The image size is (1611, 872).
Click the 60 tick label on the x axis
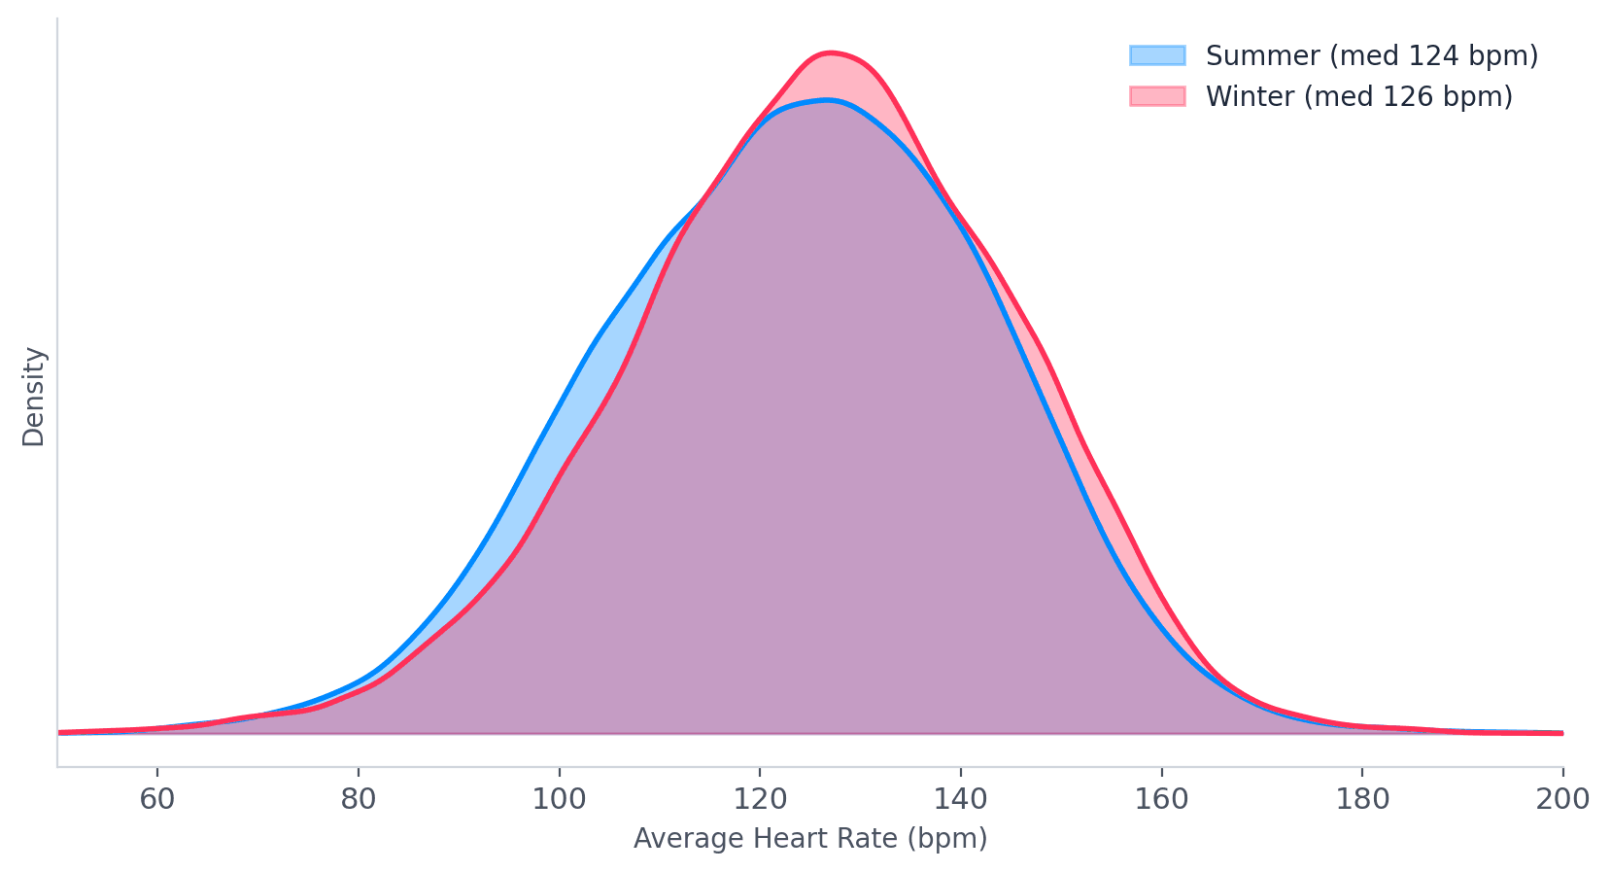(156, 800)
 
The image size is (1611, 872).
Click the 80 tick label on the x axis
(358, 800)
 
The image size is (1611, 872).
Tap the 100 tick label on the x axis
(559, 800)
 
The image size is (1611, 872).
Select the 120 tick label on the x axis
(760, 800)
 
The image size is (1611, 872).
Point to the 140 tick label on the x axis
(960, 800)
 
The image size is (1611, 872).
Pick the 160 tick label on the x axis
(1161, 800)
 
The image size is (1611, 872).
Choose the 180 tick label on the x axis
(1362, 800)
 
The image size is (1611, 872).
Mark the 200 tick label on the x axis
(1562, 800)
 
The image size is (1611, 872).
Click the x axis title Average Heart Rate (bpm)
(810, 839)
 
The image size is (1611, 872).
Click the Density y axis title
(34, 397)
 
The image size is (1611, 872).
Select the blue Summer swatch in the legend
(1156, 55)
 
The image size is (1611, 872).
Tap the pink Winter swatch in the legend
(1156, 96)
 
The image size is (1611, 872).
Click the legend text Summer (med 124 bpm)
(1371, 55)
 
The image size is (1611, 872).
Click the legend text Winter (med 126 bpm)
(1358, 96)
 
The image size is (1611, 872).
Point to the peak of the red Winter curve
(829, 52)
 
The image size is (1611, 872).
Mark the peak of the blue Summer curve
(826, 99)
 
